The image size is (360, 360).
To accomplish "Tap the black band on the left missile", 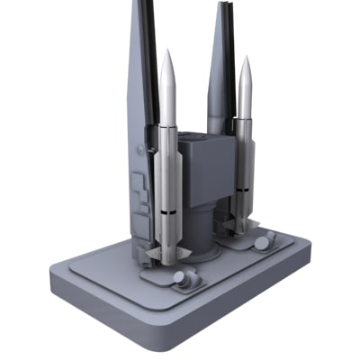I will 167,212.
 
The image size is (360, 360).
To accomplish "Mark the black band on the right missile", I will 242,192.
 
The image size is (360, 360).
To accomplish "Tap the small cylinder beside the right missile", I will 265,240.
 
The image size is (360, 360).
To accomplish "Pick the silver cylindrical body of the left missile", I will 167,162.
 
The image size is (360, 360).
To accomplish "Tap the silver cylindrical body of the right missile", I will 243,153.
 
